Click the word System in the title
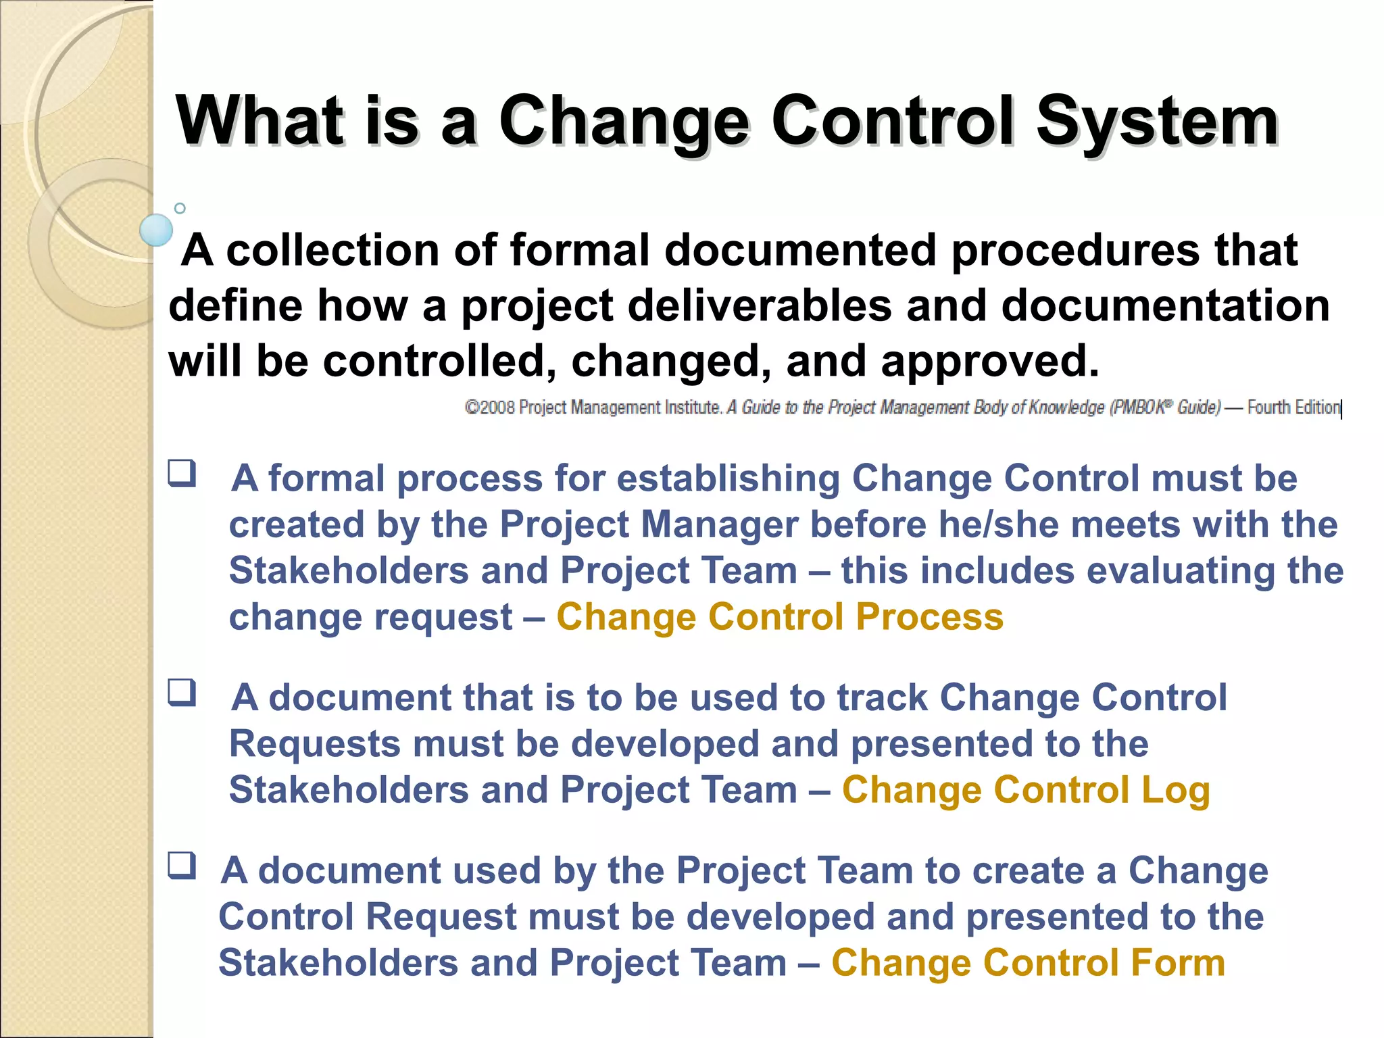click(1156, 122)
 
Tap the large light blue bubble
click(156, 230)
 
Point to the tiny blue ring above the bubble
click(180, 208)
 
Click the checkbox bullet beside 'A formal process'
click(182, 473)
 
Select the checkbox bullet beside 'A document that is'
click(182, 693)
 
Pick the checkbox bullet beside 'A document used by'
click(182, 866)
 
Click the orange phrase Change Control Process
click(779, 616)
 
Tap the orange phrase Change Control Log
click(1025, 789)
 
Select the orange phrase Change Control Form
click(1027, 962)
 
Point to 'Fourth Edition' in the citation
click(1293, 407)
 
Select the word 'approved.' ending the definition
click(990, 361)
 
